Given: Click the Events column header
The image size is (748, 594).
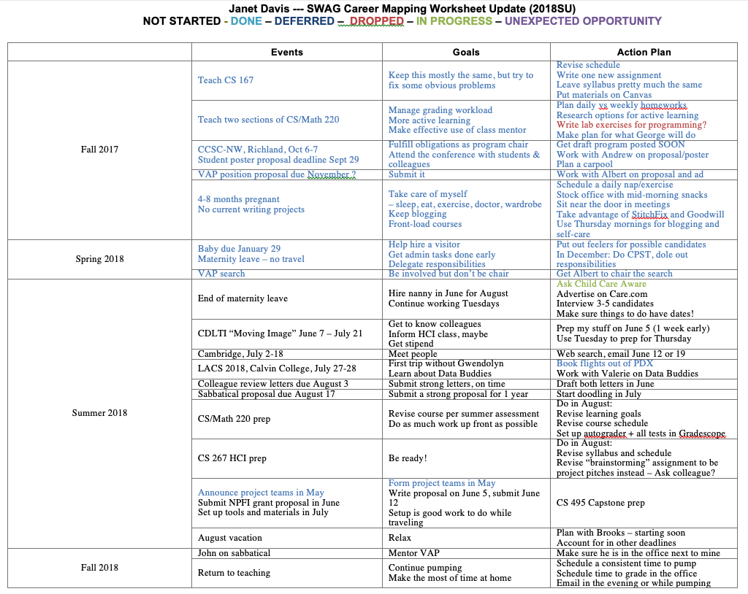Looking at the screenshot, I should [286, 52].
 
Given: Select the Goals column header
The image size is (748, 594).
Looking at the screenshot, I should [466, 52].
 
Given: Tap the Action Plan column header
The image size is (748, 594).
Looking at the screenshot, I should [644, 52].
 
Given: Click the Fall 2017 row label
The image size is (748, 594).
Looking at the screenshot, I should [99, 150].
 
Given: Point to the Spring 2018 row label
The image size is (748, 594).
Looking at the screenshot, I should [99, 259].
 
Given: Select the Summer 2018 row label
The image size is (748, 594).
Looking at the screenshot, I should [99, 413].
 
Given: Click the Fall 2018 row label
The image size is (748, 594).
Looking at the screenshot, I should [99, 567].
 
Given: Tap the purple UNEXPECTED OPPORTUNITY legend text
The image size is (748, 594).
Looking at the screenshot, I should [583, 21].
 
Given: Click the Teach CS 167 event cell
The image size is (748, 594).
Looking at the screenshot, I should [226, 80].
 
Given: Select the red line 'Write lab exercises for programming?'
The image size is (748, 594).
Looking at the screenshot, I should [631, 125].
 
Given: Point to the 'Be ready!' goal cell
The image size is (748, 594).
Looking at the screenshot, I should [408, 458].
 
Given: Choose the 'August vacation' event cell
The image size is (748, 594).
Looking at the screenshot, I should [230, 538].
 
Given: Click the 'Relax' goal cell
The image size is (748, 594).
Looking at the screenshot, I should [400, 538].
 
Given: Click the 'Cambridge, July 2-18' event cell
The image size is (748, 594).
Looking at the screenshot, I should [240, 354].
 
